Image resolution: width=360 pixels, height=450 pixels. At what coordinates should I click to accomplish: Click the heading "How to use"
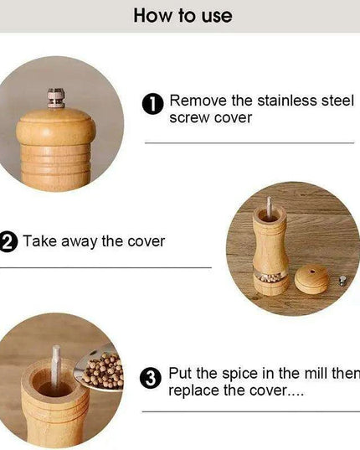point(183,15)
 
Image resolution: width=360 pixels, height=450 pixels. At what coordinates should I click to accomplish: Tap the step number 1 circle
point(153,105)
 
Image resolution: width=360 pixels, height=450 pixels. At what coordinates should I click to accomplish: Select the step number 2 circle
point(8,242)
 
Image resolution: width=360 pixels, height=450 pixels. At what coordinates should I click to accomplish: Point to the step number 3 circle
point(151,378)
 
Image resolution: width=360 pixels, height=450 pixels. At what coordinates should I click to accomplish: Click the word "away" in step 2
point(78,241)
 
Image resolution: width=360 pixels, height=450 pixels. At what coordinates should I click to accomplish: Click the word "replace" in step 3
point(194,391)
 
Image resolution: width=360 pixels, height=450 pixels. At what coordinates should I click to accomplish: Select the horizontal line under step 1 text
point(249,142)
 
